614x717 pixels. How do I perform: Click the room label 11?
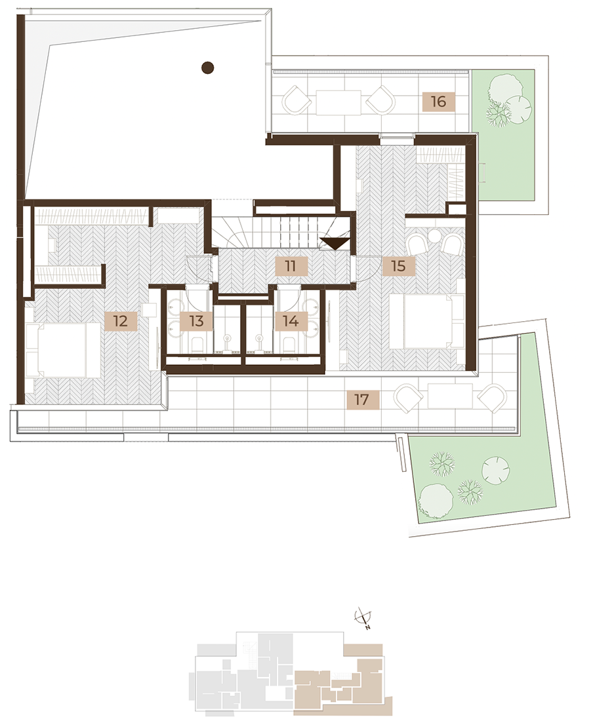coord(291,265)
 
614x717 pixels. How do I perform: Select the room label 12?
coord(121,320)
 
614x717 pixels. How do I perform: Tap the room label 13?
coord(196,320)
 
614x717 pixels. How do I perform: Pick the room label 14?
coord(291,320)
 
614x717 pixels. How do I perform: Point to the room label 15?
coord(398,265)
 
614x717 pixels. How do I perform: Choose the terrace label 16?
coord(438,101)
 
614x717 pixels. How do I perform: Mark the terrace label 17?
coord(361,400)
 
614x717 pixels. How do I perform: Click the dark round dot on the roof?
coord(208,68)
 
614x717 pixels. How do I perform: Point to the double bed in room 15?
coord(427,322)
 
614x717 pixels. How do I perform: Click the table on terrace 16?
coord(338,102)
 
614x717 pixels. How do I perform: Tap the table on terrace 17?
coord(450,396)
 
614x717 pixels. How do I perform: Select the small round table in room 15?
coord(434,235)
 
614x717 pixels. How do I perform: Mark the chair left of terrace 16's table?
coord(297,100)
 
